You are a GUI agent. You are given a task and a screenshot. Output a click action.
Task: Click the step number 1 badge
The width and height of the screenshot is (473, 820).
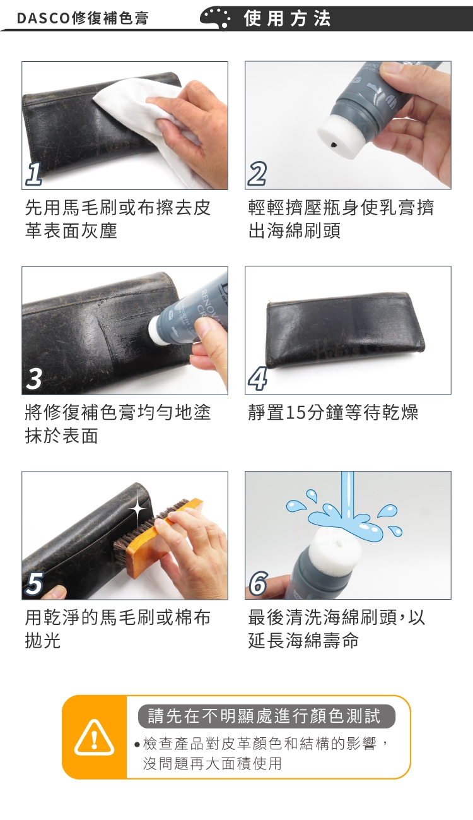[33, 174]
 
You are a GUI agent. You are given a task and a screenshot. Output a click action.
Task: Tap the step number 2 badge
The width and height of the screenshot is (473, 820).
[257, 174]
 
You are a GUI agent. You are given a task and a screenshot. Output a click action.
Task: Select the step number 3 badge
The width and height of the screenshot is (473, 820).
[34, 379]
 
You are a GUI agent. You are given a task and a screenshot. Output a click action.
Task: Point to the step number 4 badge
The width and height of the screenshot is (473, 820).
[257, 379]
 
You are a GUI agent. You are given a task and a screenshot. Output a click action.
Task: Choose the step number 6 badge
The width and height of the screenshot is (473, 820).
[258, 583]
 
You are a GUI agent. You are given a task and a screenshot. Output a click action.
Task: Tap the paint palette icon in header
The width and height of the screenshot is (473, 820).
[216, 18]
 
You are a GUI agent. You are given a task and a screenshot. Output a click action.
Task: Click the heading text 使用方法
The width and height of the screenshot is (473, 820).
[287, 18]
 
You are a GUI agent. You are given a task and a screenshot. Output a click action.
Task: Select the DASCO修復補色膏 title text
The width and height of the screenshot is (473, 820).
[83, 18]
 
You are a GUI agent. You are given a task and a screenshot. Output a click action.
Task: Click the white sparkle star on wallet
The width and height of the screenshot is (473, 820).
[138, 508]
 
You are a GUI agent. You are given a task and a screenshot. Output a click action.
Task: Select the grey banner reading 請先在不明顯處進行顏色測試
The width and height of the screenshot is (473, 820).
[267, 716]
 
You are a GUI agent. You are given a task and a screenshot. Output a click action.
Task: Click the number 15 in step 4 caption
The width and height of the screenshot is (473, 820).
[296, 413]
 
